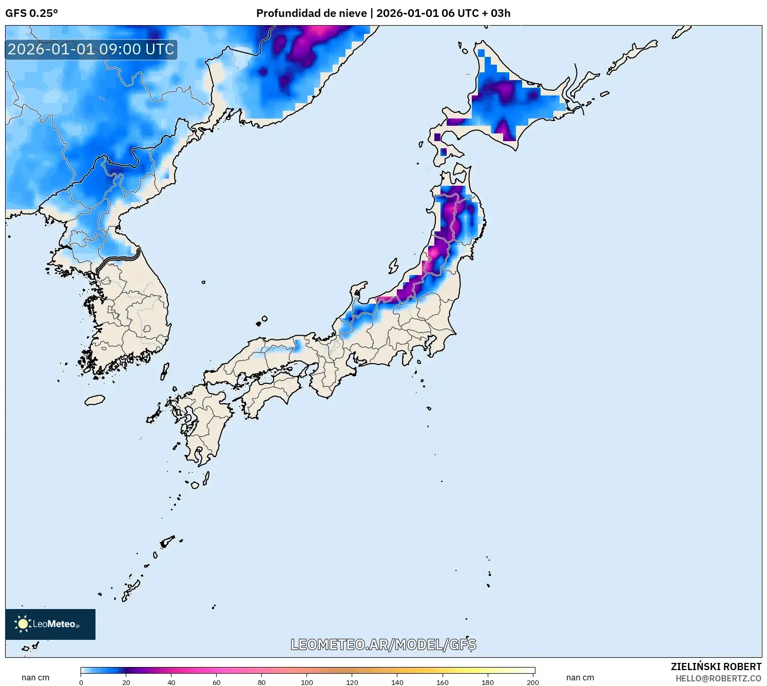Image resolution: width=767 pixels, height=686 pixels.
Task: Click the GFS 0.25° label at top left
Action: [x=31, y=13]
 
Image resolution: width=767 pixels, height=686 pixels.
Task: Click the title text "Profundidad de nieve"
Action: [x=312, y=13]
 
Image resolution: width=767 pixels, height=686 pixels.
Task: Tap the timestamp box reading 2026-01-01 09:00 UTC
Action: [x=91, y=49]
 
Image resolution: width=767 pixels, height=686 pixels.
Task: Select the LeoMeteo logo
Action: [x=50, y=624]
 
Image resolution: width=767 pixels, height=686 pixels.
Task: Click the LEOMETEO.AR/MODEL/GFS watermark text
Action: [x=383, y=644]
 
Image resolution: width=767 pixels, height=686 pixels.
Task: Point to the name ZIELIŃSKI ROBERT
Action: [x=716, y=667]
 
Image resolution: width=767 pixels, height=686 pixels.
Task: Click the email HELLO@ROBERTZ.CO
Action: [x=718, y=678]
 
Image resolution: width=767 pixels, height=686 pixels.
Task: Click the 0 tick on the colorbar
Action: [x=81, y=682]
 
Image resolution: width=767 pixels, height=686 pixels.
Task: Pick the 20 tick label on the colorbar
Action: [x=126, y=682]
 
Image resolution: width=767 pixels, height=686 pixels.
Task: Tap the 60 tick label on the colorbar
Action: [x=217, y=682]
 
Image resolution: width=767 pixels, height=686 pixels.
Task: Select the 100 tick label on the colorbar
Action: [x=307, y=682]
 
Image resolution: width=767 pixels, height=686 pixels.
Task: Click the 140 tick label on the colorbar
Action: [x=397, y=682]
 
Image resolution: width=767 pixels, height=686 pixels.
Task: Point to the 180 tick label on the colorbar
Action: [x=488, y=682]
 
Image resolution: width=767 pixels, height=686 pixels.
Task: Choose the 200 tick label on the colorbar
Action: [x=533, y=682]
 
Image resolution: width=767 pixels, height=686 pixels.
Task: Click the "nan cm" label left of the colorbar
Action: [x=35, y=677]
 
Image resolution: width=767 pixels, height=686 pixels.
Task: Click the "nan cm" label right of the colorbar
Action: [x=580, y=677]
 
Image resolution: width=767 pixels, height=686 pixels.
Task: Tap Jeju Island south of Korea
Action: [x=94, y=400]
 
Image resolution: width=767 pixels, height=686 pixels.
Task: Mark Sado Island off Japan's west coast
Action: [x=393, y=266]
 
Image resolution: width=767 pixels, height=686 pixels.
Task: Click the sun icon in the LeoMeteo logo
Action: [x=23, y=624]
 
